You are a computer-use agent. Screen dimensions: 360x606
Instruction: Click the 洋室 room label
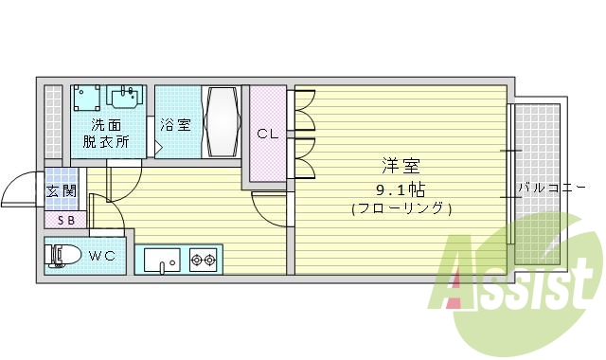[x=401, y=166]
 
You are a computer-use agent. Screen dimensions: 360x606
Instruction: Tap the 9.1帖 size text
[x=401, y=187]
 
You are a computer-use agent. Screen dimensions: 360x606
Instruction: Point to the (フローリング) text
[x=401, y=207]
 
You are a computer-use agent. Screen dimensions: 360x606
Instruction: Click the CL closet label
[x=268, y=134]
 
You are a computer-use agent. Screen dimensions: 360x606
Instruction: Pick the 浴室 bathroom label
[x=175, y=124]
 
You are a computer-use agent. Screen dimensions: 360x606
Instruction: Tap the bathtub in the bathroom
[x=223, y=122]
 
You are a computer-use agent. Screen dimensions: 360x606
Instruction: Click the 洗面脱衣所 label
[x=106, y=134]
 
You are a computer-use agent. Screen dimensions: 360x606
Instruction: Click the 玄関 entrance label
[x=62, y=190]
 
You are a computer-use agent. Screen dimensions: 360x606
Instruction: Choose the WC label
[x=103, y=256]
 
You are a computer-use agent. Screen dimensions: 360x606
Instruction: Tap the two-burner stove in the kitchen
[x=204, y=259]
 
